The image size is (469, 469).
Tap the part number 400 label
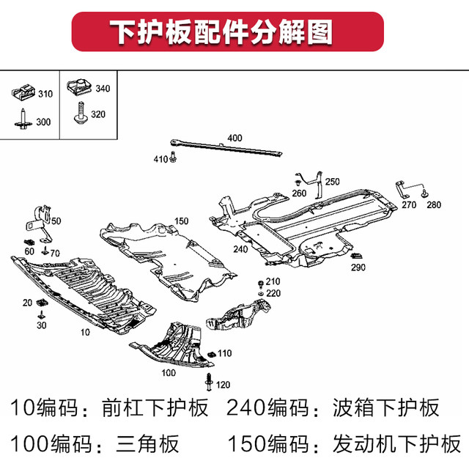click(x=234, y=138)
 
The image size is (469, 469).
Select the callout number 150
click(x=182, y=221)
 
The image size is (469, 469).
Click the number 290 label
click(x=358, y=267)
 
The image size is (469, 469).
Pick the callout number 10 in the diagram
click(x=85, y=332)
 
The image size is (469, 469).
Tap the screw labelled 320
click(x=78, y=114)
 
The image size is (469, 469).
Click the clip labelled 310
click(x=23, y=94)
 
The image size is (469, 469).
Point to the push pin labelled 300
click(x=23, y=120)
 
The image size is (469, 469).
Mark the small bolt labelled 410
click(x=173, y=157)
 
